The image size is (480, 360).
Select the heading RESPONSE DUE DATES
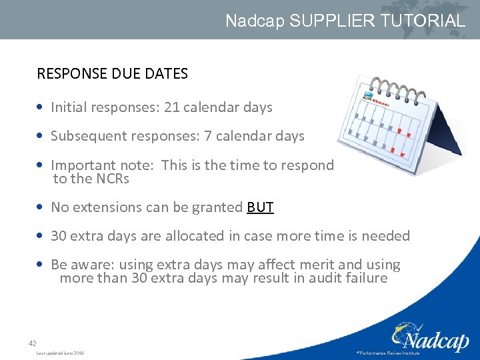pyautogui.click(x=112, y=74)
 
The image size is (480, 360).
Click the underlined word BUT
pyautogui.click(x=260, y=207)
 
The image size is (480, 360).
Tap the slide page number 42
pyautogui.click(x=32, y=343)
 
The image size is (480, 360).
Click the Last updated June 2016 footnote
pyautogui.click(x=60, y=353)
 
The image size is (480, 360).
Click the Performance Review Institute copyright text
pyautogui.click(x=389, y=353)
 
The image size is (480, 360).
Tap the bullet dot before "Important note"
pyautogui.click(x=42, y=165)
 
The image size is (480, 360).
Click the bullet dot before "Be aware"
pyautogui.click(x=42, y=265)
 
